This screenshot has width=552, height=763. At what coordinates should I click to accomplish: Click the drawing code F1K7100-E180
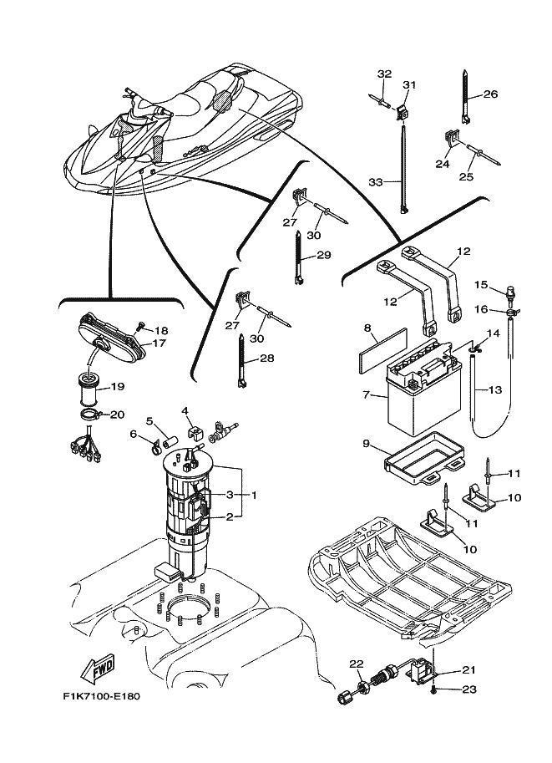(x=101, y=696)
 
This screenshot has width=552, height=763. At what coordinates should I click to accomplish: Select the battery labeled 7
(x=423, y=389)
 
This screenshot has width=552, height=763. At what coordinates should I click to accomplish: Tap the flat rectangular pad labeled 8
(x=382, y=350)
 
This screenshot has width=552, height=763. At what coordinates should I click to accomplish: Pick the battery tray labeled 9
(x=424, y=458)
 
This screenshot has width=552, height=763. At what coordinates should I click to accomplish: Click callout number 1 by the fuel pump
(x=253, y=495)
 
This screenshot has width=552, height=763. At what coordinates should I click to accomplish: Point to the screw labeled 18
(x=140, y=325)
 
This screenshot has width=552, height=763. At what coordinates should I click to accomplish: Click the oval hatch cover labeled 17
(x=112, y=337)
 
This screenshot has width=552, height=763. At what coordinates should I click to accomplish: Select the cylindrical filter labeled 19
(x=89, y=389)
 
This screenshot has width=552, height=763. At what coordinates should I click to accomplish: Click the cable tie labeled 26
(x=465, y=96)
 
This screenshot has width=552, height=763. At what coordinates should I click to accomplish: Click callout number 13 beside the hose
(x=494, y=389)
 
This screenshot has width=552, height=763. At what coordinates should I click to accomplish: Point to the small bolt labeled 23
(x=433, y=689)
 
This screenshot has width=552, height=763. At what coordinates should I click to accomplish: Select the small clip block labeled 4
(x=195, y=431)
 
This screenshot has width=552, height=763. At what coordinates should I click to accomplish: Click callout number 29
(x=324, y=255)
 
